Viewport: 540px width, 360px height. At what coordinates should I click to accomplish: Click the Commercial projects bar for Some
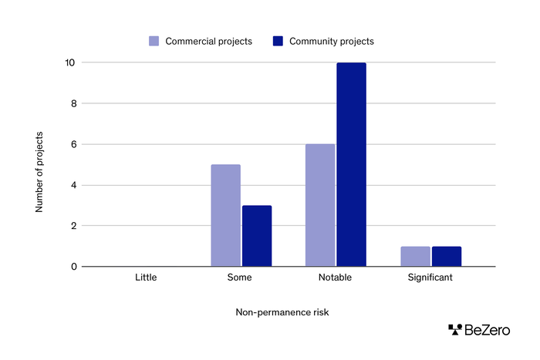[225, 216]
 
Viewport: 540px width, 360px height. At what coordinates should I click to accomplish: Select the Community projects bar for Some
[257, 236]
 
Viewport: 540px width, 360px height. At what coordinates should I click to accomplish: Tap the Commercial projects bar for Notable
[320, 205]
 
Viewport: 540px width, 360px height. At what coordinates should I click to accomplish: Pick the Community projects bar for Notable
[351, 164]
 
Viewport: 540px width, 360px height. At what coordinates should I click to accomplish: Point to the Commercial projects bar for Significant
[415, 257]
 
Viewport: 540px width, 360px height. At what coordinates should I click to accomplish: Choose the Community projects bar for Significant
[446, 257]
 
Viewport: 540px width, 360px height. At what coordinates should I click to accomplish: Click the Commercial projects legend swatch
[154, 41]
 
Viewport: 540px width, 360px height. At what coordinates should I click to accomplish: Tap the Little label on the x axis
[146, 277]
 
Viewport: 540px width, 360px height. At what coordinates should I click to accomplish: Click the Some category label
[241, 277]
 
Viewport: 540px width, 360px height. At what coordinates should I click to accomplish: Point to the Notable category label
[336, 277]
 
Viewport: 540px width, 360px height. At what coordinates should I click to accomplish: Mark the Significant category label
[430, 277]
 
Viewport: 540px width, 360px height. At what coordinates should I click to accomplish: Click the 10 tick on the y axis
[70, 62]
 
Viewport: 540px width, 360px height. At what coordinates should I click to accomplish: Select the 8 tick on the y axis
[73, 103]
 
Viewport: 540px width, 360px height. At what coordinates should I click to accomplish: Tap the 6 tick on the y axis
[73, 144]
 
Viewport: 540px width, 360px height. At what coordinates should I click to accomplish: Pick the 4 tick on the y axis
[73, 185]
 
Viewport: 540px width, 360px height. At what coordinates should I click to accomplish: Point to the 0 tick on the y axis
[73, 267]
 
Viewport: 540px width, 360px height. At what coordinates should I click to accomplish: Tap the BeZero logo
[478, 330]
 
